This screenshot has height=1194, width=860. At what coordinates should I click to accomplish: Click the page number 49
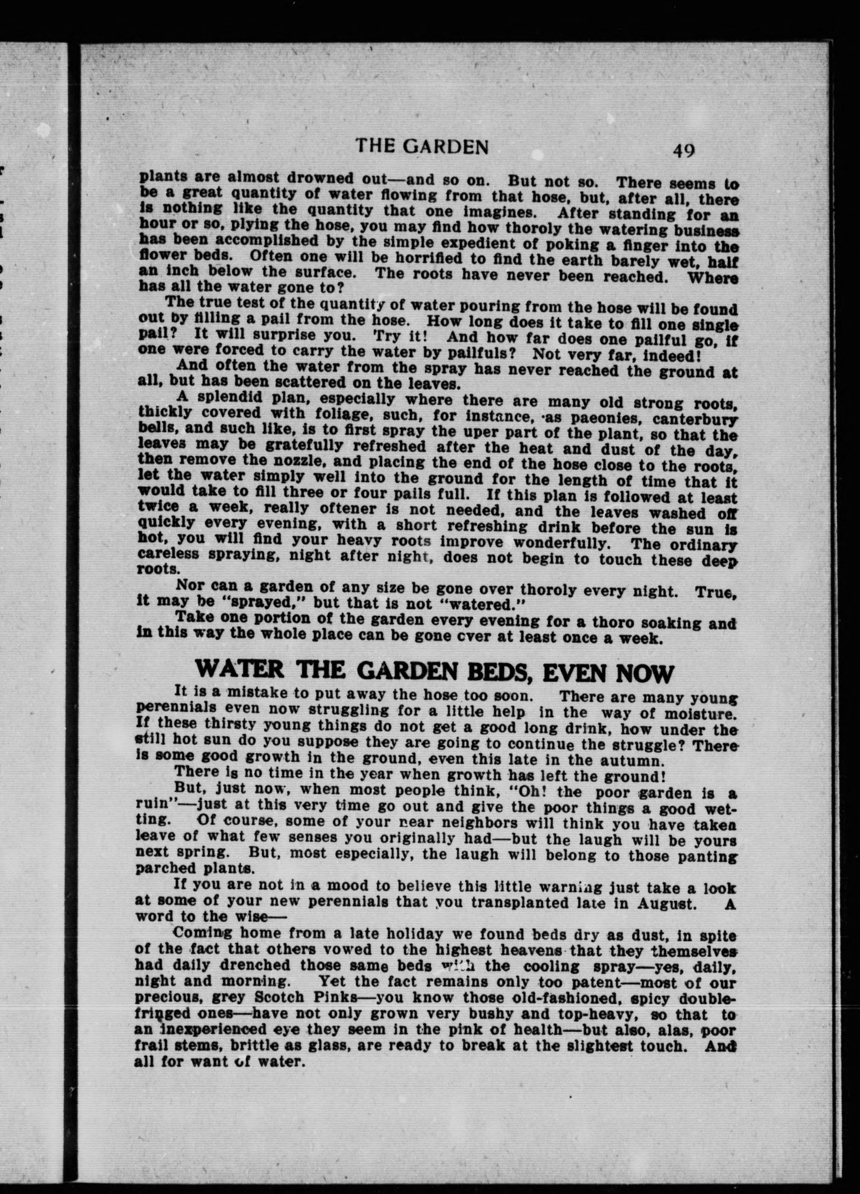[683, 151]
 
